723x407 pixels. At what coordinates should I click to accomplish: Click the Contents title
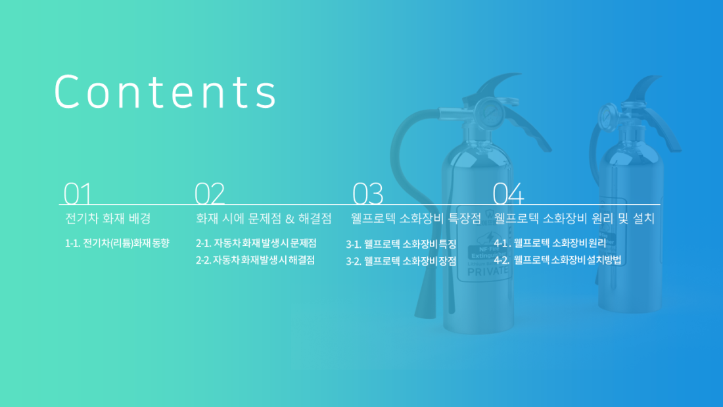click(166, 92)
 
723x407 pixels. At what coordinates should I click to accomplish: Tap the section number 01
click(78, 193)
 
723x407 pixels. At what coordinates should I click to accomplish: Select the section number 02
click(209, 193)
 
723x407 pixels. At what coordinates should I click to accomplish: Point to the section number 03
click(367, 193)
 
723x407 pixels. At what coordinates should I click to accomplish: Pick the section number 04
click(508, 193)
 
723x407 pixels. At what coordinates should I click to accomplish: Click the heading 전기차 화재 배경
click(108, 219)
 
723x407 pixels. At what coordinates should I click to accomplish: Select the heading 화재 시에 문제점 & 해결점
click(264, 219)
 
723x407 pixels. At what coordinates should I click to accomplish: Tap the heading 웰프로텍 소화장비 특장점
click(416, 219)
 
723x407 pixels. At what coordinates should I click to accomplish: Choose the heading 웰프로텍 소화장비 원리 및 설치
click(574, 219)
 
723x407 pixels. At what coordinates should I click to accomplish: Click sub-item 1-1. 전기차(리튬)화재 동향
click(117, 243)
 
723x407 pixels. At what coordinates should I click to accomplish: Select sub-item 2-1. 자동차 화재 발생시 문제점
click(256, 243)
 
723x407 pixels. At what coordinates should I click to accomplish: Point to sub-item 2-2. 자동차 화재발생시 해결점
click(255, 260)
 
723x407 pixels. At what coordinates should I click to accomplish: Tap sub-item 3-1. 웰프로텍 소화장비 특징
click(401, 244)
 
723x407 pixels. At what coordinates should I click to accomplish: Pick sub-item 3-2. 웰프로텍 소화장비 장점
click(401, 261)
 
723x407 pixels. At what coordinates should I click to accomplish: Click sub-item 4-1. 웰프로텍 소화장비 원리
click(549, 243)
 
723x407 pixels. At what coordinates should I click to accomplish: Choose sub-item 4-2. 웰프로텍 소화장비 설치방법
click(557, 260)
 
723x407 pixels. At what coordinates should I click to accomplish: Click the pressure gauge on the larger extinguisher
click(489, 112)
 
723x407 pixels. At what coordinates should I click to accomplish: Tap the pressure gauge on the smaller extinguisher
click(608, 116)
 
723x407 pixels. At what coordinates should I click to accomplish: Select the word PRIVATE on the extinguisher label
click(488, 272)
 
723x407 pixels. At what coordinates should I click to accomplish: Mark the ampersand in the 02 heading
click(290, 219)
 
